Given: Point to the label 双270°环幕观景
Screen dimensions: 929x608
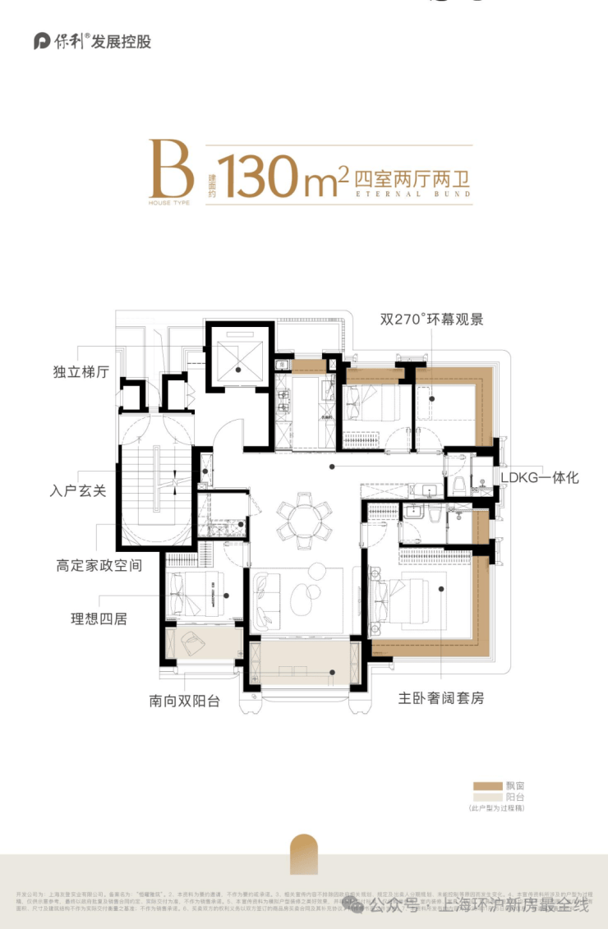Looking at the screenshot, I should click(431, 319).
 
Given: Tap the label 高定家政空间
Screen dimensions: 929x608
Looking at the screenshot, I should click(99, 566).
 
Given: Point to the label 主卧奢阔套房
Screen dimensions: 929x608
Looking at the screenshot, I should click(441, 698).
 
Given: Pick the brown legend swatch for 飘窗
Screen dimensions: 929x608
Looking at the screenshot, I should click(487, 785).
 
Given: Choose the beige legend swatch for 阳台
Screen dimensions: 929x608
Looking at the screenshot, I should click(487, 797).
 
